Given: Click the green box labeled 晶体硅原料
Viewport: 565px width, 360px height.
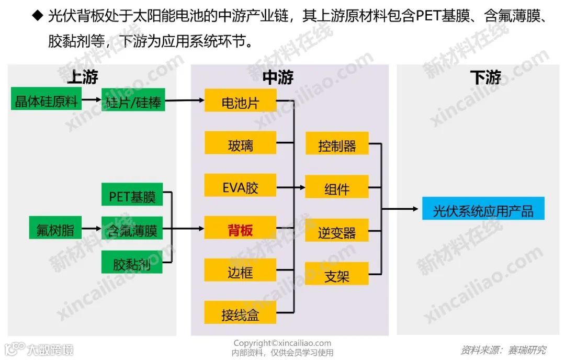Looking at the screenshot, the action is point(47,99).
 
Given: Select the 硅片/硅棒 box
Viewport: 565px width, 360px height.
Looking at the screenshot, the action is point(133,100).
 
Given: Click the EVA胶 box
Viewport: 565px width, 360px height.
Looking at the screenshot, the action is point(240,186).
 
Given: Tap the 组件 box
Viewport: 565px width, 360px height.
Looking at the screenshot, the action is point(337,187).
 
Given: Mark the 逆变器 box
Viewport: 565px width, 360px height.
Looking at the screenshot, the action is point(337,230).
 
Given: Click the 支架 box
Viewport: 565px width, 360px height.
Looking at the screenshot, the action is point(337,274).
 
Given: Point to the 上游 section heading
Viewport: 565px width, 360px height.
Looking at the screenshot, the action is point(82,78).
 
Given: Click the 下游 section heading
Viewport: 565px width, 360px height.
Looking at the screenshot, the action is point(485,78).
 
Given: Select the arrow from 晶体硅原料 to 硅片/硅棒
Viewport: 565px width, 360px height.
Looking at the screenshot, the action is point(93,99).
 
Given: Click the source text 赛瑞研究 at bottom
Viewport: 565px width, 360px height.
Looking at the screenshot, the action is point(526,350).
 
